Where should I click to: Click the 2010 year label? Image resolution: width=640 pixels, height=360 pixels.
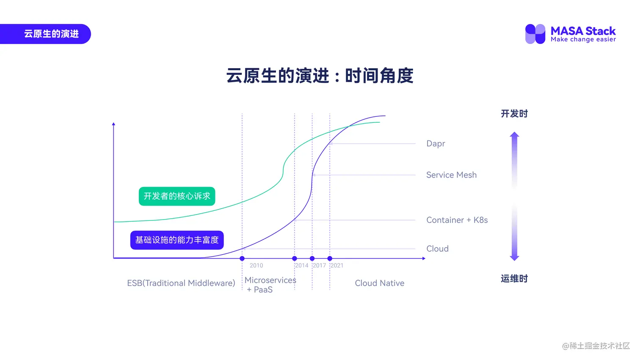256,266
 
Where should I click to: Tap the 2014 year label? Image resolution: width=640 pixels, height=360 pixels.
302,266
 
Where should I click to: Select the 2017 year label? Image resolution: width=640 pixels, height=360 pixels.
320,266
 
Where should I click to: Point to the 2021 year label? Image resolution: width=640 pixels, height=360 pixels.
337,266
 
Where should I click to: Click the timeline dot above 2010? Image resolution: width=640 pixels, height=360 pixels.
242,258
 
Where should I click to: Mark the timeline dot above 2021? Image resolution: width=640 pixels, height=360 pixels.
330,258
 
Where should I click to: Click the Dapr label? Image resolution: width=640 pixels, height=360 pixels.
436,144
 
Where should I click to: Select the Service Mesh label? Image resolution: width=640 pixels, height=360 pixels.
451,175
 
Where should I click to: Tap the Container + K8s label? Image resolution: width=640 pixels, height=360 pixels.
457,220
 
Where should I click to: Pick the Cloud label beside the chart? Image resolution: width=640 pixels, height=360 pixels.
437,249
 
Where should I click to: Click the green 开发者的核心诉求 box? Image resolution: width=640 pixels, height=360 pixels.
177,196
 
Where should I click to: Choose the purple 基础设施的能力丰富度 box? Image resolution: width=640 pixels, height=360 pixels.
177,240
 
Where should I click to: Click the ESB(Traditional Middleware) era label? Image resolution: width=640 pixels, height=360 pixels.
181,283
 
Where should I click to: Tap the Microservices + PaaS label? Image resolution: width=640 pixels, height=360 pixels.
270,285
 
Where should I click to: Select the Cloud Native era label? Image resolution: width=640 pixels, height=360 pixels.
379,283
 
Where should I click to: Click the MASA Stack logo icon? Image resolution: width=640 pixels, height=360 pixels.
535,34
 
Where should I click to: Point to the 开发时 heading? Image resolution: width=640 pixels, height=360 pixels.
514,114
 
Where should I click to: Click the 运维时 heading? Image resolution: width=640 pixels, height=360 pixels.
514,279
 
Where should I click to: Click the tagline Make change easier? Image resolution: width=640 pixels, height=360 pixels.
583,40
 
